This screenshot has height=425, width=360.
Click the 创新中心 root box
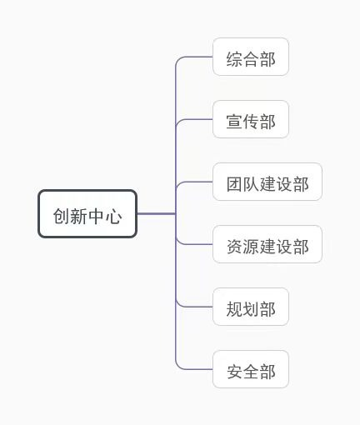pos(87,213)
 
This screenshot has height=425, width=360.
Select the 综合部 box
pos(251,57)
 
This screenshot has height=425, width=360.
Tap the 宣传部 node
pos(251,119)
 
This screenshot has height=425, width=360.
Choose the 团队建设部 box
pos(267,182)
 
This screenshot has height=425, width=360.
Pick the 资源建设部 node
pos(267,244)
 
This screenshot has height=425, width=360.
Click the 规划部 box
pos(251,307)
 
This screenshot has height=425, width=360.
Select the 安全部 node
pos(251,369)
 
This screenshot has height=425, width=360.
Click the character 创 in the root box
pos(62,216)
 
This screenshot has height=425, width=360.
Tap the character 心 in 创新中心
pos(113,216)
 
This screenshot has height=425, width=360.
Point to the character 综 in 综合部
pos(234,59)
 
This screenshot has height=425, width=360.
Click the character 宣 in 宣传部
pos(234,122)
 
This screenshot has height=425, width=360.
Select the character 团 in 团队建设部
pos(234,184)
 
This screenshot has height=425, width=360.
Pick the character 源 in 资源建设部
pos(251,247)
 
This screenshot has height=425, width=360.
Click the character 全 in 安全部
pos(251,372)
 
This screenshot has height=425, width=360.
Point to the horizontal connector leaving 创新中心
pos(157,213)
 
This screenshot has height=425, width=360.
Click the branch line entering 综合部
pos(194,57)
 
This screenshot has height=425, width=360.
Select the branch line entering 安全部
pos(194,369)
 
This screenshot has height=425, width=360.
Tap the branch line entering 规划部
pos(194,307)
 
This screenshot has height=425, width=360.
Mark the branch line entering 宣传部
pos(194,119)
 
